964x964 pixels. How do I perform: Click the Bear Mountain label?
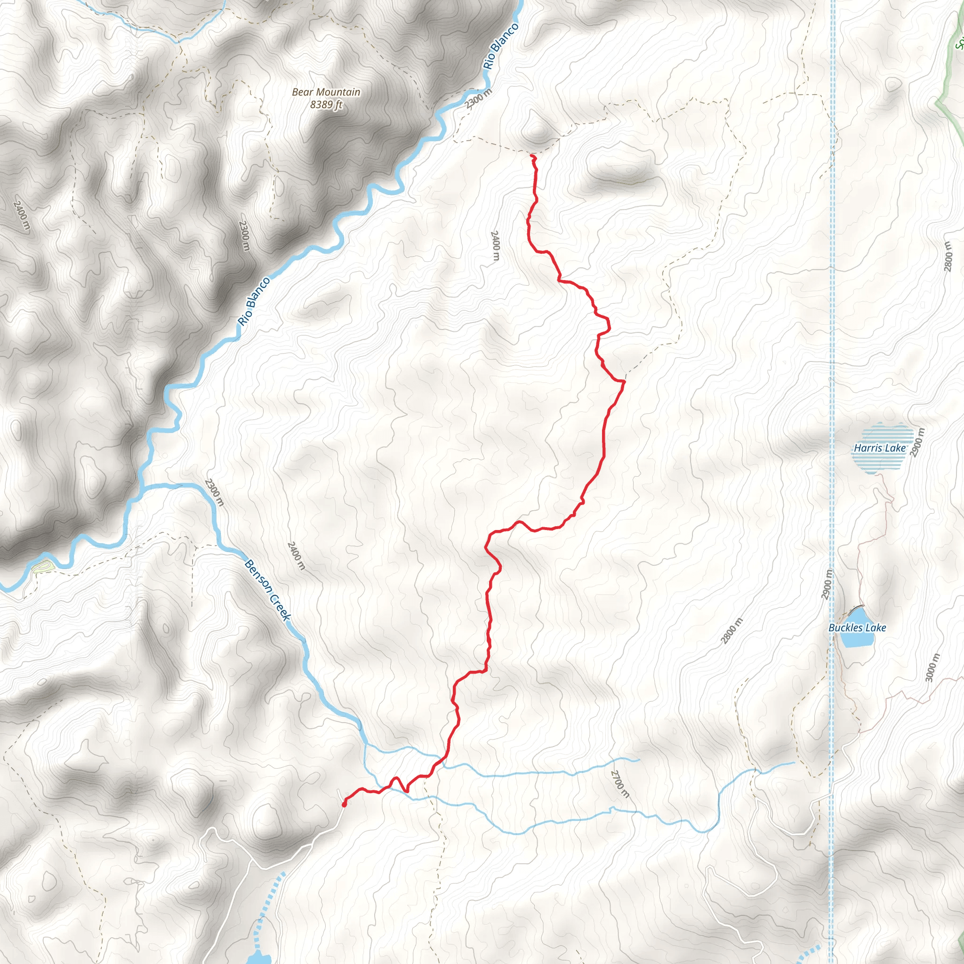point(326,92)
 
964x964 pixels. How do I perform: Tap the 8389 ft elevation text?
point(326,105)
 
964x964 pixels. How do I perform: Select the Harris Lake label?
point(879,448)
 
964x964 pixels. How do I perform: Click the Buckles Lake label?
point(857,628)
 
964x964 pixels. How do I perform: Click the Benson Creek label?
point(267,590)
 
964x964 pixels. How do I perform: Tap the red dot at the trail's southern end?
point(344,804)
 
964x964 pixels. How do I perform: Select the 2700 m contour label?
point(620,783)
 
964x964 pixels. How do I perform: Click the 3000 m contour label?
point(932,667)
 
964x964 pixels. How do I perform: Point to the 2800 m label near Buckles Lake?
point(731,631)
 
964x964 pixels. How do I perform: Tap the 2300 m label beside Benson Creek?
point(214,492)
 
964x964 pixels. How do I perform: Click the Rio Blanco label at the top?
point(500,47)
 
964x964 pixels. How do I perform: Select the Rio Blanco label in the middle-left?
point(254,301)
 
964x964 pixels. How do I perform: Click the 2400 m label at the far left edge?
point(22,216)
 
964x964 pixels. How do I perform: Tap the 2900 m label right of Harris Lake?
point(917,442)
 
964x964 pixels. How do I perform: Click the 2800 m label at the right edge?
point(948,257)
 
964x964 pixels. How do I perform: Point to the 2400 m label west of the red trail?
point(495,246)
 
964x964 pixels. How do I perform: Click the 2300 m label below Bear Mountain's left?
point(243,235)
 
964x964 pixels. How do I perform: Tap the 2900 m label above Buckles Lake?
point(826,584)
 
